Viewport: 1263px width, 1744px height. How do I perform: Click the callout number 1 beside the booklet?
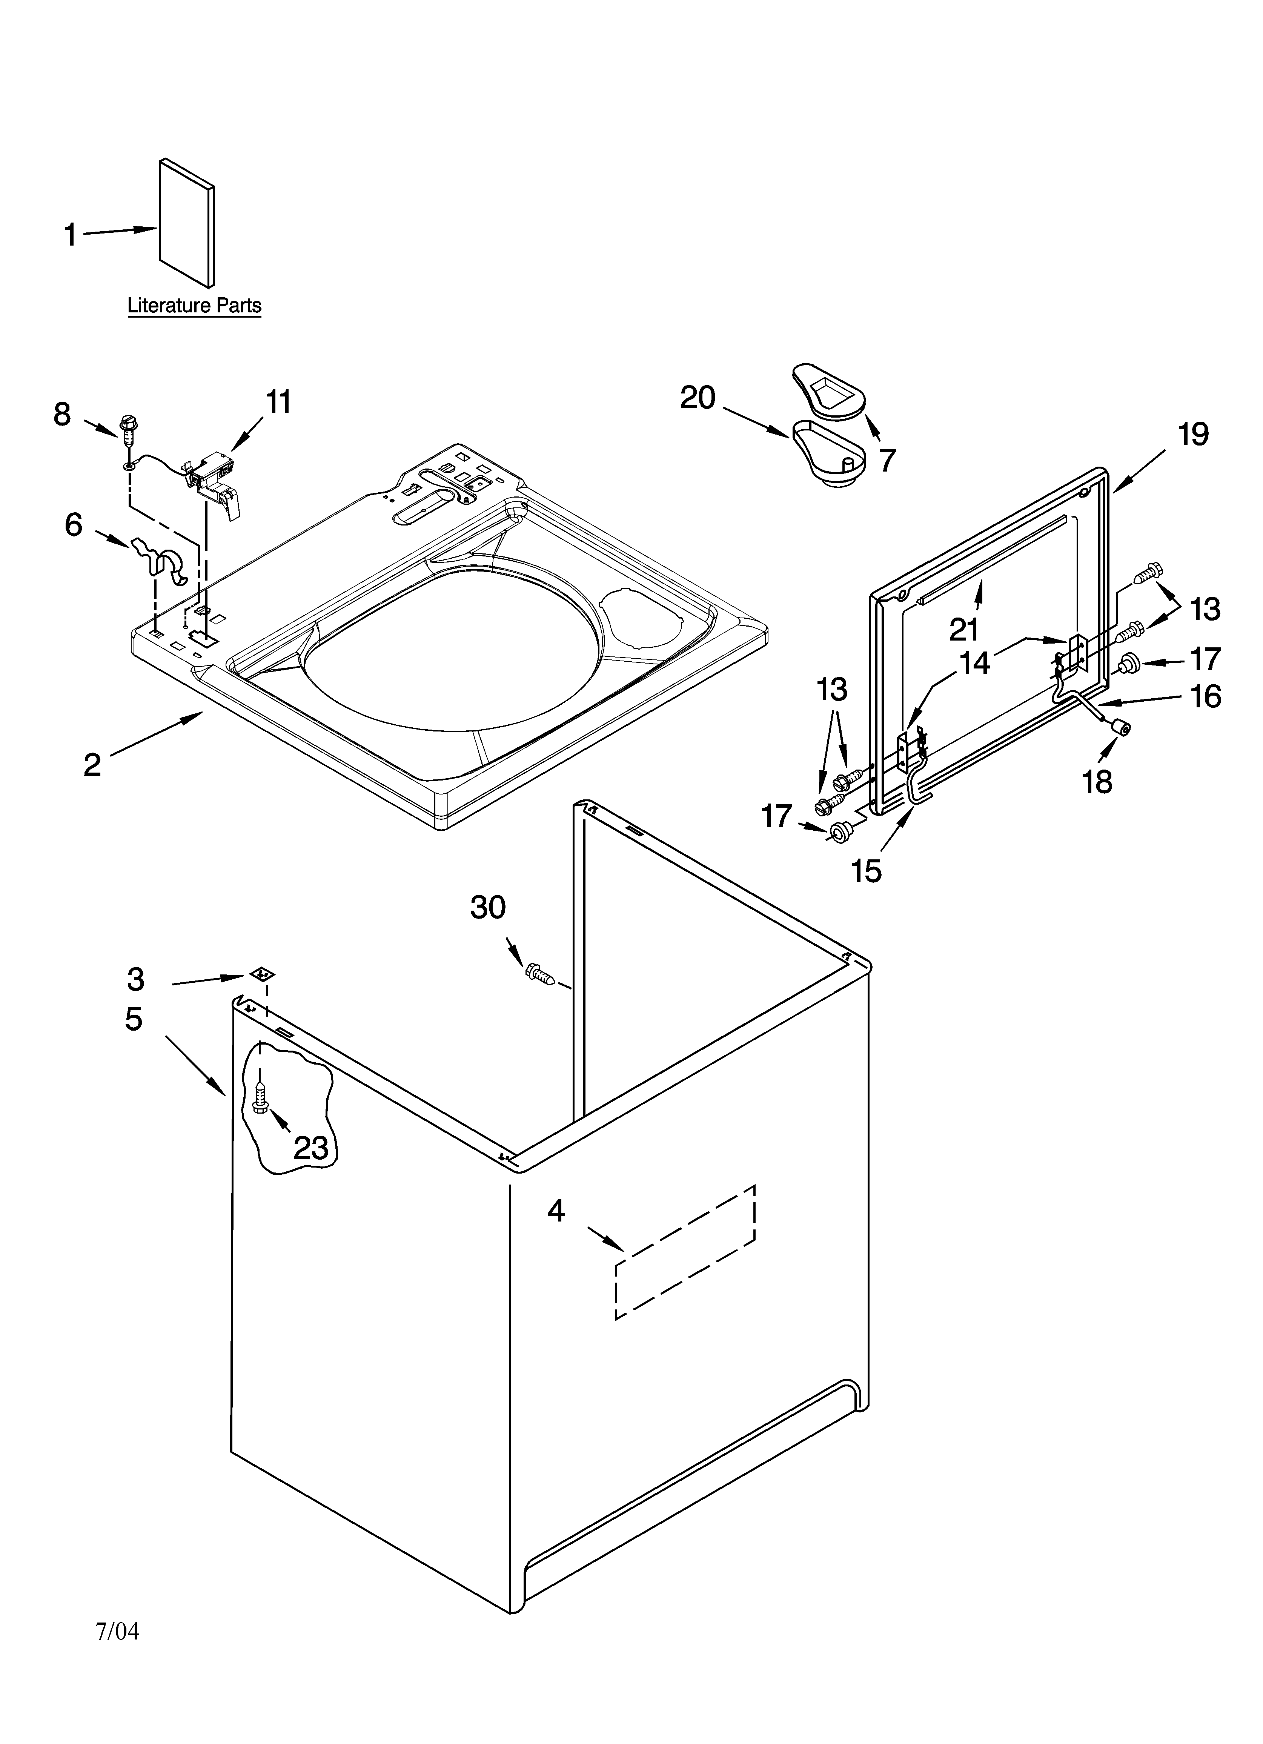70,235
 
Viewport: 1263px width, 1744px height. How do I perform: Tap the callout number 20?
698,398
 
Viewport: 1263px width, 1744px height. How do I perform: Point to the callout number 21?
964,629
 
